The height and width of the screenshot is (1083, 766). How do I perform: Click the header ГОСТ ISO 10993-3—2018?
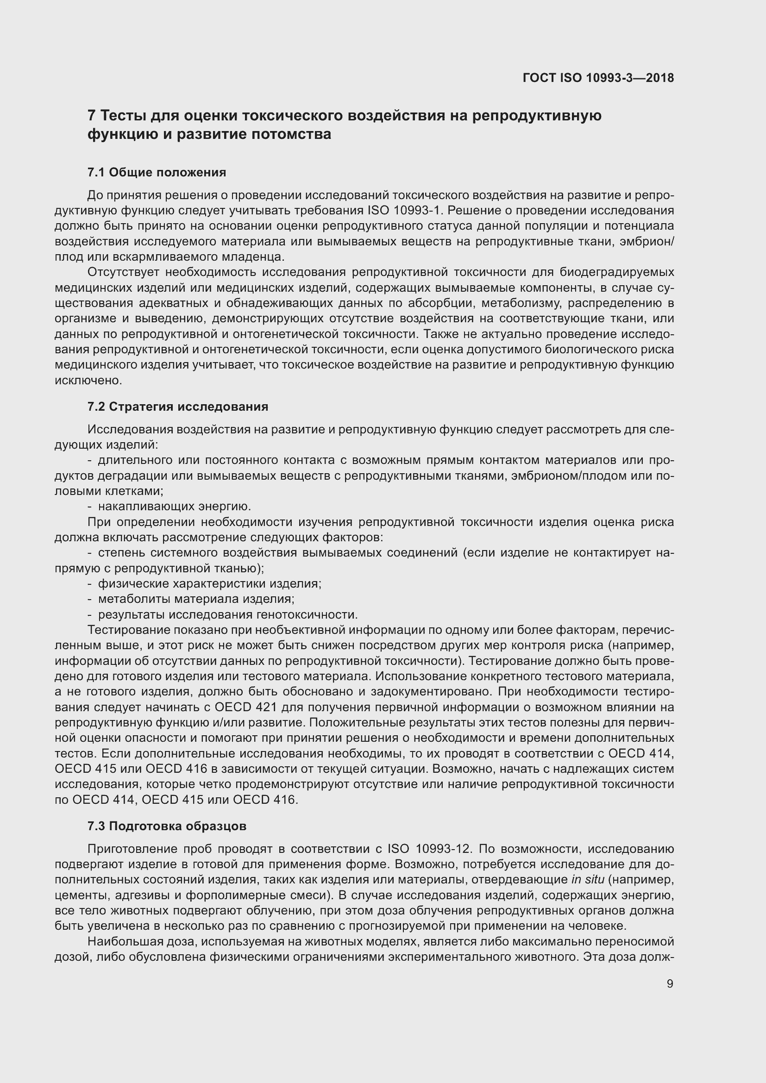coord(598,78)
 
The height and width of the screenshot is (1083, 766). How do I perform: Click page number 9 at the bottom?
coord(670,983)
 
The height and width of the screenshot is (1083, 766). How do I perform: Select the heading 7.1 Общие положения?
coord(157,173)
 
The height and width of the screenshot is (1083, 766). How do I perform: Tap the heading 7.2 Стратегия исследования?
coord(178,407)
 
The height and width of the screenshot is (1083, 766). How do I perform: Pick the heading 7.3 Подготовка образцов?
coord(167,826)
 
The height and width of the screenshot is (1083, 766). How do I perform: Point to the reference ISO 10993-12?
coord(429,849)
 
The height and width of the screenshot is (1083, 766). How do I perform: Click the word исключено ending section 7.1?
coord(88,380)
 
